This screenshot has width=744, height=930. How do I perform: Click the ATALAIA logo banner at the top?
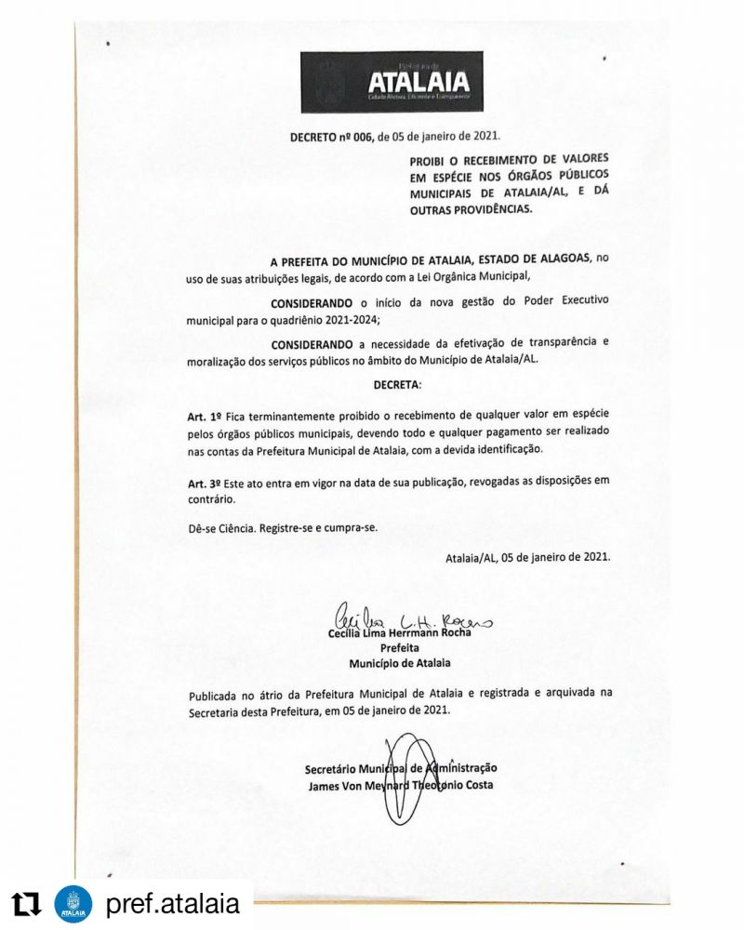click(392, 81)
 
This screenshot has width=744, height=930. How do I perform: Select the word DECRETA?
click(396, 383)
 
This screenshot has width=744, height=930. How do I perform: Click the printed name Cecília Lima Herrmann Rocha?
click(400, 633)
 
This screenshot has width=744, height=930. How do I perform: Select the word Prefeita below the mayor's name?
click(400, 647)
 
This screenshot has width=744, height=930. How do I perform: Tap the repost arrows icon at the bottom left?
click(27, 903)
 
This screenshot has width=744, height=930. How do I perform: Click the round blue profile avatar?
click(73, 903)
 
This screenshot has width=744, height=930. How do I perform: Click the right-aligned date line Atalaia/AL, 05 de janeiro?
click(528, 557)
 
